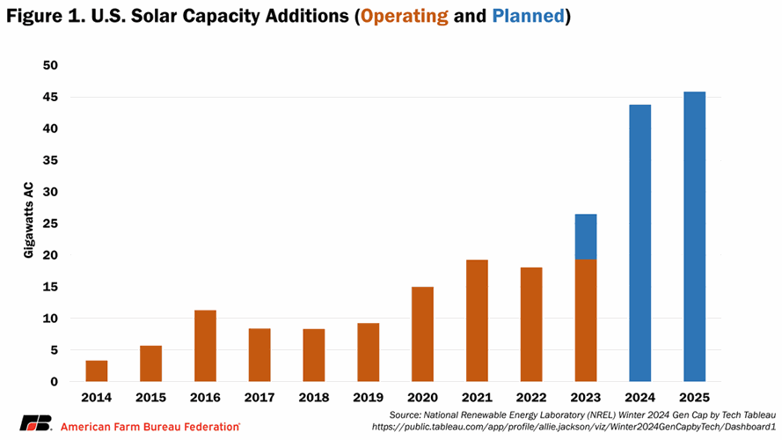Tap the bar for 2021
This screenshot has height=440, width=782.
(477, 320)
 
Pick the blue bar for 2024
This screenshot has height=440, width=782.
(639, 243)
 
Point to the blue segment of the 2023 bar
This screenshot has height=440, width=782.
(586, 237)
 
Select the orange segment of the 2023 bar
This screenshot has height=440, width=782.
(586, 320)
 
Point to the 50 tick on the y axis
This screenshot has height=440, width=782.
(51, 66)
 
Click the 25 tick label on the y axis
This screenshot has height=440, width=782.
(51, 224)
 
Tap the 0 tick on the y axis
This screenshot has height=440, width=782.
(55, 382)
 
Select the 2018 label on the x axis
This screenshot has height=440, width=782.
(313, 398)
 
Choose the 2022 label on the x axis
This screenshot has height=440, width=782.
(531, 398)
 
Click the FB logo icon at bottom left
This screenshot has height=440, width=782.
(36, 422)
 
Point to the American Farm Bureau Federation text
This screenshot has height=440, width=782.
(150, 426)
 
